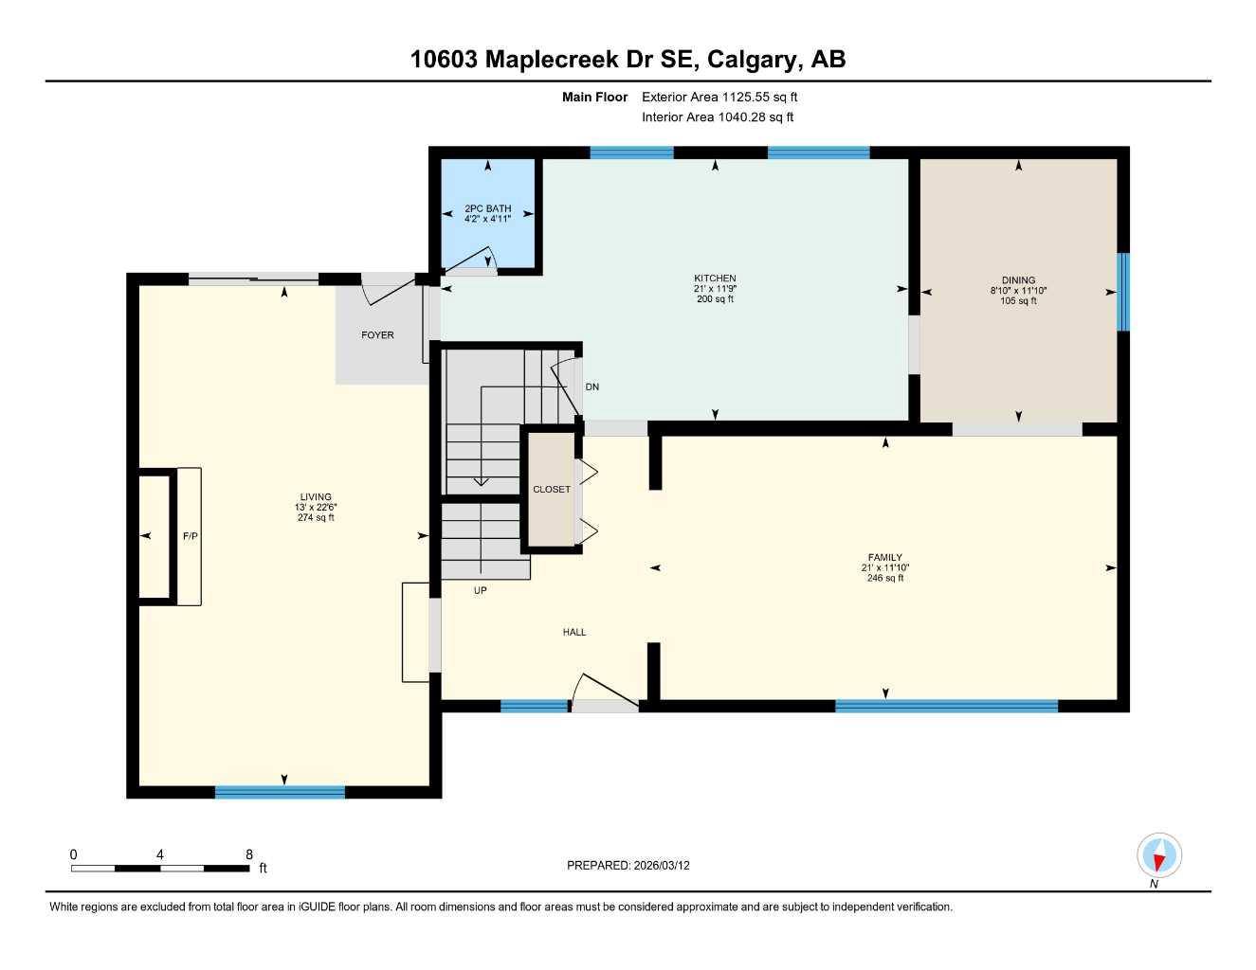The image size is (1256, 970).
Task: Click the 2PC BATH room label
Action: (x=487, y=208)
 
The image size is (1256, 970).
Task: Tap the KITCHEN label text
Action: (x=715, y=278)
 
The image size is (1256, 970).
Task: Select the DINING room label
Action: (x=1018, y=280)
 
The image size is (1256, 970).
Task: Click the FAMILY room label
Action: (x=884, y=558)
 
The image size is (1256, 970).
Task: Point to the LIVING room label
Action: (x=316, y=497)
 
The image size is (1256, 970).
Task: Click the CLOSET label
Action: (x=552, y=490)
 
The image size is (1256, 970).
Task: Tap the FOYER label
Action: (x=377, y=335)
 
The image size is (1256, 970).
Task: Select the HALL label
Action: (x=574, y=632)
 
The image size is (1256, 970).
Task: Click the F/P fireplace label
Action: (x=190, y=536)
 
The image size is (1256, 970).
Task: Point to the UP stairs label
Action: (x=481, y=590)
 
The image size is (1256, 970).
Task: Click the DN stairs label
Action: (x=592, y=387)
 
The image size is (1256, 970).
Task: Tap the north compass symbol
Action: (x=1158, y=857)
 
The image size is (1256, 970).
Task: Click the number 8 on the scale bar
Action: (x=249, y=854)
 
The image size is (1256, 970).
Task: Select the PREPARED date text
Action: (x=628, y=865)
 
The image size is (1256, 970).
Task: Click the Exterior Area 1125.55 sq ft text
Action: (x=719, y=97)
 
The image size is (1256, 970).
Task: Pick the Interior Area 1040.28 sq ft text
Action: (x=718, y=117)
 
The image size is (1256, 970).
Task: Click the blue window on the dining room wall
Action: (x=1123, y=292)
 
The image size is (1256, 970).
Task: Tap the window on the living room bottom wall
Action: (x=280, y=792)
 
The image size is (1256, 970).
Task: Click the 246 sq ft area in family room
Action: (x=884, y=579)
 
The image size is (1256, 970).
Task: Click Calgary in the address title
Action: (x=752, y=60)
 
